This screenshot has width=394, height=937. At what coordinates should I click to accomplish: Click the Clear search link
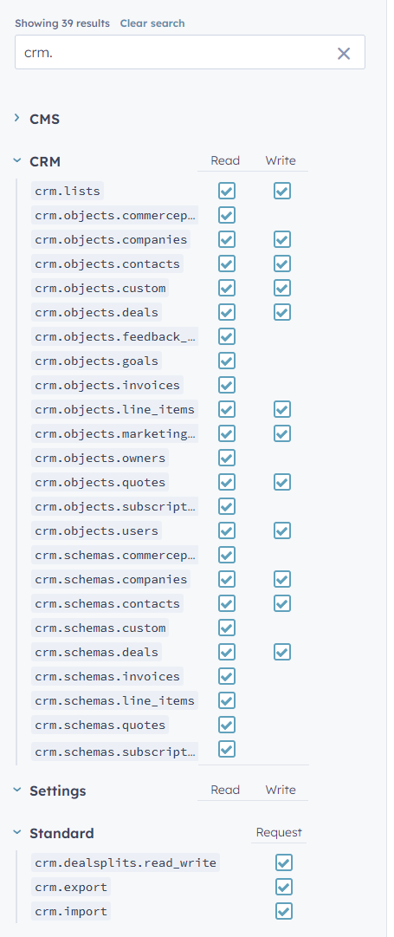pyautogui.click(x=152, y=23)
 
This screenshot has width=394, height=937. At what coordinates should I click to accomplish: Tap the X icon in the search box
pyautogui.click(x=344, y=54)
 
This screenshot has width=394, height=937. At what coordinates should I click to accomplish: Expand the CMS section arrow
pyautogui.click(x=16, y=119)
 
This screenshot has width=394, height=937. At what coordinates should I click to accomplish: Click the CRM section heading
pyautogui.click(x=45, y=161)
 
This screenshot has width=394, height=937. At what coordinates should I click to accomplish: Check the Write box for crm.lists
pyautogui.click(x=282, y=191)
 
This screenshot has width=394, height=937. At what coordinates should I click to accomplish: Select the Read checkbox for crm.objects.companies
pyautogui.click(x=227, y=239)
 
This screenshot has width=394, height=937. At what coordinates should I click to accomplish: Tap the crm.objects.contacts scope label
pyautogui.click(x=107, y=264)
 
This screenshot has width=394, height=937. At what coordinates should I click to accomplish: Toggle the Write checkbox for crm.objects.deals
pyautogui.click(x=282, y=312)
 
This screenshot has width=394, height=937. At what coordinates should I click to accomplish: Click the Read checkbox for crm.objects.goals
pyautogui.click(x=227, y=361)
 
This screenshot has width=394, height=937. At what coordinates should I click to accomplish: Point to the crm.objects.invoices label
pyautogui.click(x=107, y=385)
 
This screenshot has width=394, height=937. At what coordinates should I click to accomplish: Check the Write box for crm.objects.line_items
pyautogui.click(x=282, y=409)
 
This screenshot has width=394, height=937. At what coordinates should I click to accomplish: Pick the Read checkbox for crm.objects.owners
pyautogui.click(x=227, y=458)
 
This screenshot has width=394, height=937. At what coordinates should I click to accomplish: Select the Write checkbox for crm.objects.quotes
pyautogui.click(x=282, y=482)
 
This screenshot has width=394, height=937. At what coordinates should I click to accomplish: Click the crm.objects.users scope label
pyautogui.click(x=97, y=530)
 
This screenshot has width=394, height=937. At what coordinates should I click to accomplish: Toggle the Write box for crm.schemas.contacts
pyautogui.click(x=282, y=603)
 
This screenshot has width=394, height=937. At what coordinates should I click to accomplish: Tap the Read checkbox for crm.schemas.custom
pyautogui.click(x=227, y=628)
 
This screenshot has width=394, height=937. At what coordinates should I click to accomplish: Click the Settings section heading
pyautogui.click(x=58, y=791)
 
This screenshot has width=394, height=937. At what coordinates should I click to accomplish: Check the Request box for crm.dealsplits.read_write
pyautogui.click(x=284, y=862)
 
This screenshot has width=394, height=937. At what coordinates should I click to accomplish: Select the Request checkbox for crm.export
pyautogui.click(x=284, y=887)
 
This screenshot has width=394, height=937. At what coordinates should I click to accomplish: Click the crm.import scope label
pyautogui.click(x=71, y=911)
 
